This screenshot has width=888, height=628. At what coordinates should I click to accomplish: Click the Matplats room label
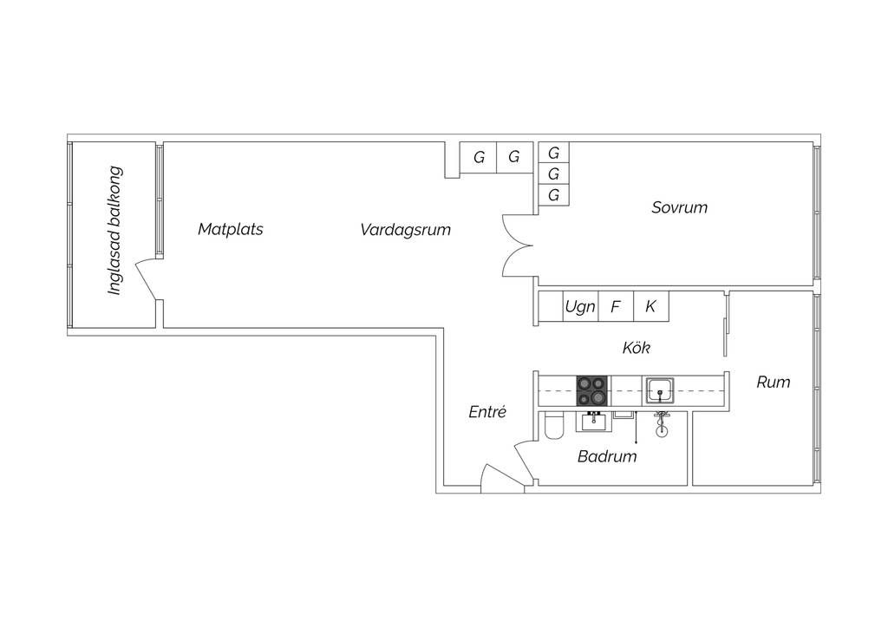[231, 230]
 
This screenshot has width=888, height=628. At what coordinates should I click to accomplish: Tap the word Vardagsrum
[405, 230]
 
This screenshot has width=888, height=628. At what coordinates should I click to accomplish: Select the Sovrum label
[679, 207]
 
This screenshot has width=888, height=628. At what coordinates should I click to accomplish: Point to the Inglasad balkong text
[114, 231]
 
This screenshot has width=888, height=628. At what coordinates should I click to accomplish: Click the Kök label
[636, 348]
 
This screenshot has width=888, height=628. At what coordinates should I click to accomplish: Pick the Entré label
[486, 413]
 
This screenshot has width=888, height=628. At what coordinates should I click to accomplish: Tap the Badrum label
[607, 456]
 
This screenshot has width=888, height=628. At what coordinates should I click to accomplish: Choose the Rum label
[773, 382]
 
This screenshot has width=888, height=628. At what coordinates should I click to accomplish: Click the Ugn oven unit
[580, 306]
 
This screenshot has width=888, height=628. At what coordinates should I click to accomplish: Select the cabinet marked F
[616, 306]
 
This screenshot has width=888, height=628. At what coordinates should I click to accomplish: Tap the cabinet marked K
[650, 306]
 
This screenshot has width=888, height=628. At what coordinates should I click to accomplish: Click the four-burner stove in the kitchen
[592, 390]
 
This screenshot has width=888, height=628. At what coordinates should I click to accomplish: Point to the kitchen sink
[660, 389]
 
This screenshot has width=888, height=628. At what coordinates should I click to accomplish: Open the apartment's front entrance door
[501, 479]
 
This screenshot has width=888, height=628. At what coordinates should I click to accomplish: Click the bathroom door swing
[524, 459]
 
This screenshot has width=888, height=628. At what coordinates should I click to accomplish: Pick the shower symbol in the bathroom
[661, 424]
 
